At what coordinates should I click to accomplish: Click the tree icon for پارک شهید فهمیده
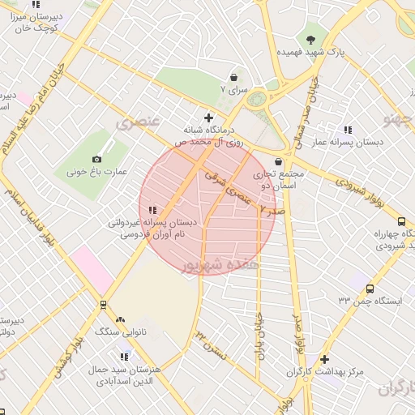pos(311,38)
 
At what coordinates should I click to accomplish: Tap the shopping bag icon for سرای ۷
pos(234,78)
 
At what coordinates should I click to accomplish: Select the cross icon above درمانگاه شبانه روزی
pos(210,118)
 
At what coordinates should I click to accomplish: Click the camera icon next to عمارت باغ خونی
pos(97,159)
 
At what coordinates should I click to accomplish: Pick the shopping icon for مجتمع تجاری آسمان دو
pos(279,161)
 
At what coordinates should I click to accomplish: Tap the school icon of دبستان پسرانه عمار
pos(348,130)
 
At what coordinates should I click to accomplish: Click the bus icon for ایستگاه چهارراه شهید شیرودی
pos(401,221)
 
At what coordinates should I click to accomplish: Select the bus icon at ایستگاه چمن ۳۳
pos(370,289)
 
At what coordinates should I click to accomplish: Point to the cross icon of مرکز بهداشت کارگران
pos(325,359)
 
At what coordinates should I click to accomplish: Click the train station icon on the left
pos(103,305)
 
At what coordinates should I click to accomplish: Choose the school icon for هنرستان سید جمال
pos(125,357)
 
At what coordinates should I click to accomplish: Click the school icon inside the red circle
pos(152,211)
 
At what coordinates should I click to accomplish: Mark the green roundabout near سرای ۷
pos(259,101)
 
